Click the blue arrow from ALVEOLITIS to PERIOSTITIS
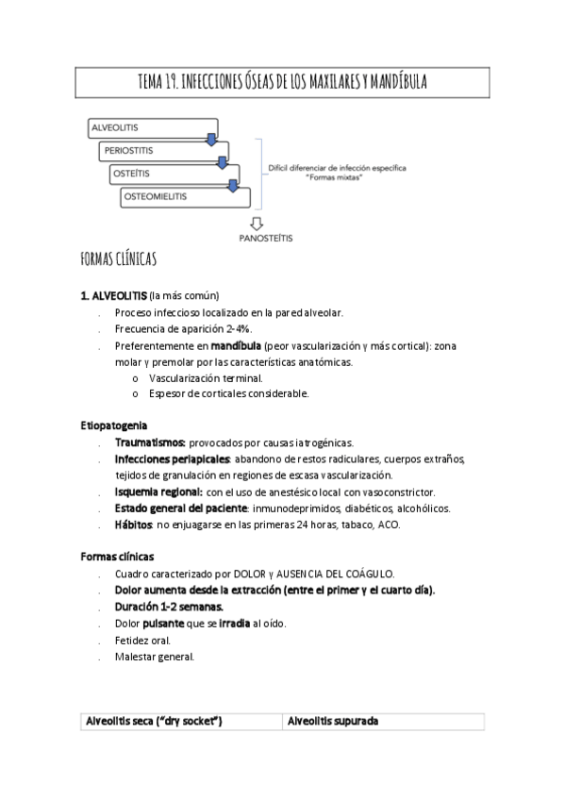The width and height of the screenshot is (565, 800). point(213,141)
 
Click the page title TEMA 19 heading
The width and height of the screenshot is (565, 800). point(282,83)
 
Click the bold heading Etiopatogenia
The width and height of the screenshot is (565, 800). point(112,425)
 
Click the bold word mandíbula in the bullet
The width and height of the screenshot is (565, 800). point(236,346)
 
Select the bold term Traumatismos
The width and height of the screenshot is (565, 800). point(149,442)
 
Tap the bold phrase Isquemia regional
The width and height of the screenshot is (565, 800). point(158,492)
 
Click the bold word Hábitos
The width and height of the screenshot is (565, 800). point(134,525)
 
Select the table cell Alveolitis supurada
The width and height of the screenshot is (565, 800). point(331,721)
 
